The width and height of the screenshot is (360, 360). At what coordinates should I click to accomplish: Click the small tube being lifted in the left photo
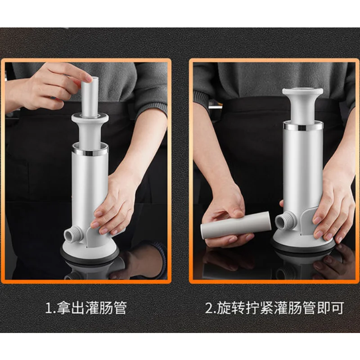pos(90,97)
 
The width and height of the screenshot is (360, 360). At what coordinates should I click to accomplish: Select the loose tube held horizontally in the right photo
pos(236,225)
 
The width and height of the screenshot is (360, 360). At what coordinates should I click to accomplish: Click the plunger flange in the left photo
pos(90,118)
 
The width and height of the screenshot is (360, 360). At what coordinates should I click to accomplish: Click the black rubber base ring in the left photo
pos(92,256)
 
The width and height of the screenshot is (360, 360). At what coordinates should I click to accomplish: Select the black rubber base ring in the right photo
pos(302,246)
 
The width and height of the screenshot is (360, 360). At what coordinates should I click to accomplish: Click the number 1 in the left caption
pos(49,308)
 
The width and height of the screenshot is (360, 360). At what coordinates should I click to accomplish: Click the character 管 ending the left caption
pos(120,308)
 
